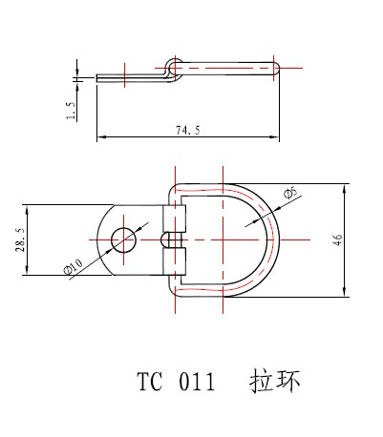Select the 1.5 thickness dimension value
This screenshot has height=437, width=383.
point(71,112)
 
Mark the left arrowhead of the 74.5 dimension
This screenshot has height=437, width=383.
point(100,140)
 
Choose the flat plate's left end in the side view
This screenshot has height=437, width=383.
point(98,78)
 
